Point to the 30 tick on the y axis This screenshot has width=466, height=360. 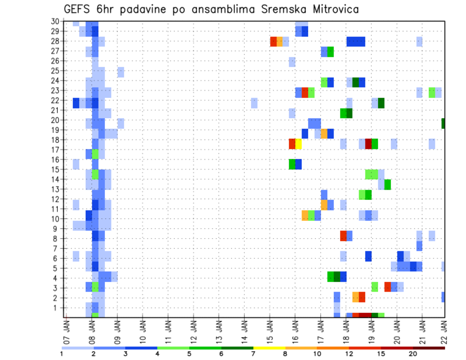pos(56,21)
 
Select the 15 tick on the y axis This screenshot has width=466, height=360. pos(56,169)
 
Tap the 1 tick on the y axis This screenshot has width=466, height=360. pos(57,308)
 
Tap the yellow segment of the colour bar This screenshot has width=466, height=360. pos(269,347)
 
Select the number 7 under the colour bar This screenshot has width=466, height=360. pos(253,354)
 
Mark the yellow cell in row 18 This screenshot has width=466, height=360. pos(299,144)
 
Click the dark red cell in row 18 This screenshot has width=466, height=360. pos(368,144)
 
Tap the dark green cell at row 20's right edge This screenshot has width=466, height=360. pos(443,124)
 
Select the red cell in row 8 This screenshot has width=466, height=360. pos(343,236)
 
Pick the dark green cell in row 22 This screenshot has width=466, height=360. pos(381,103)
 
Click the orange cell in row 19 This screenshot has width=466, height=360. pos(324,133)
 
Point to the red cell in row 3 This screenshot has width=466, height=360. pos(387,286)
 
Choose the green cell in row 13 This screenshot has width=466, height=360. pos(387,184)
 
